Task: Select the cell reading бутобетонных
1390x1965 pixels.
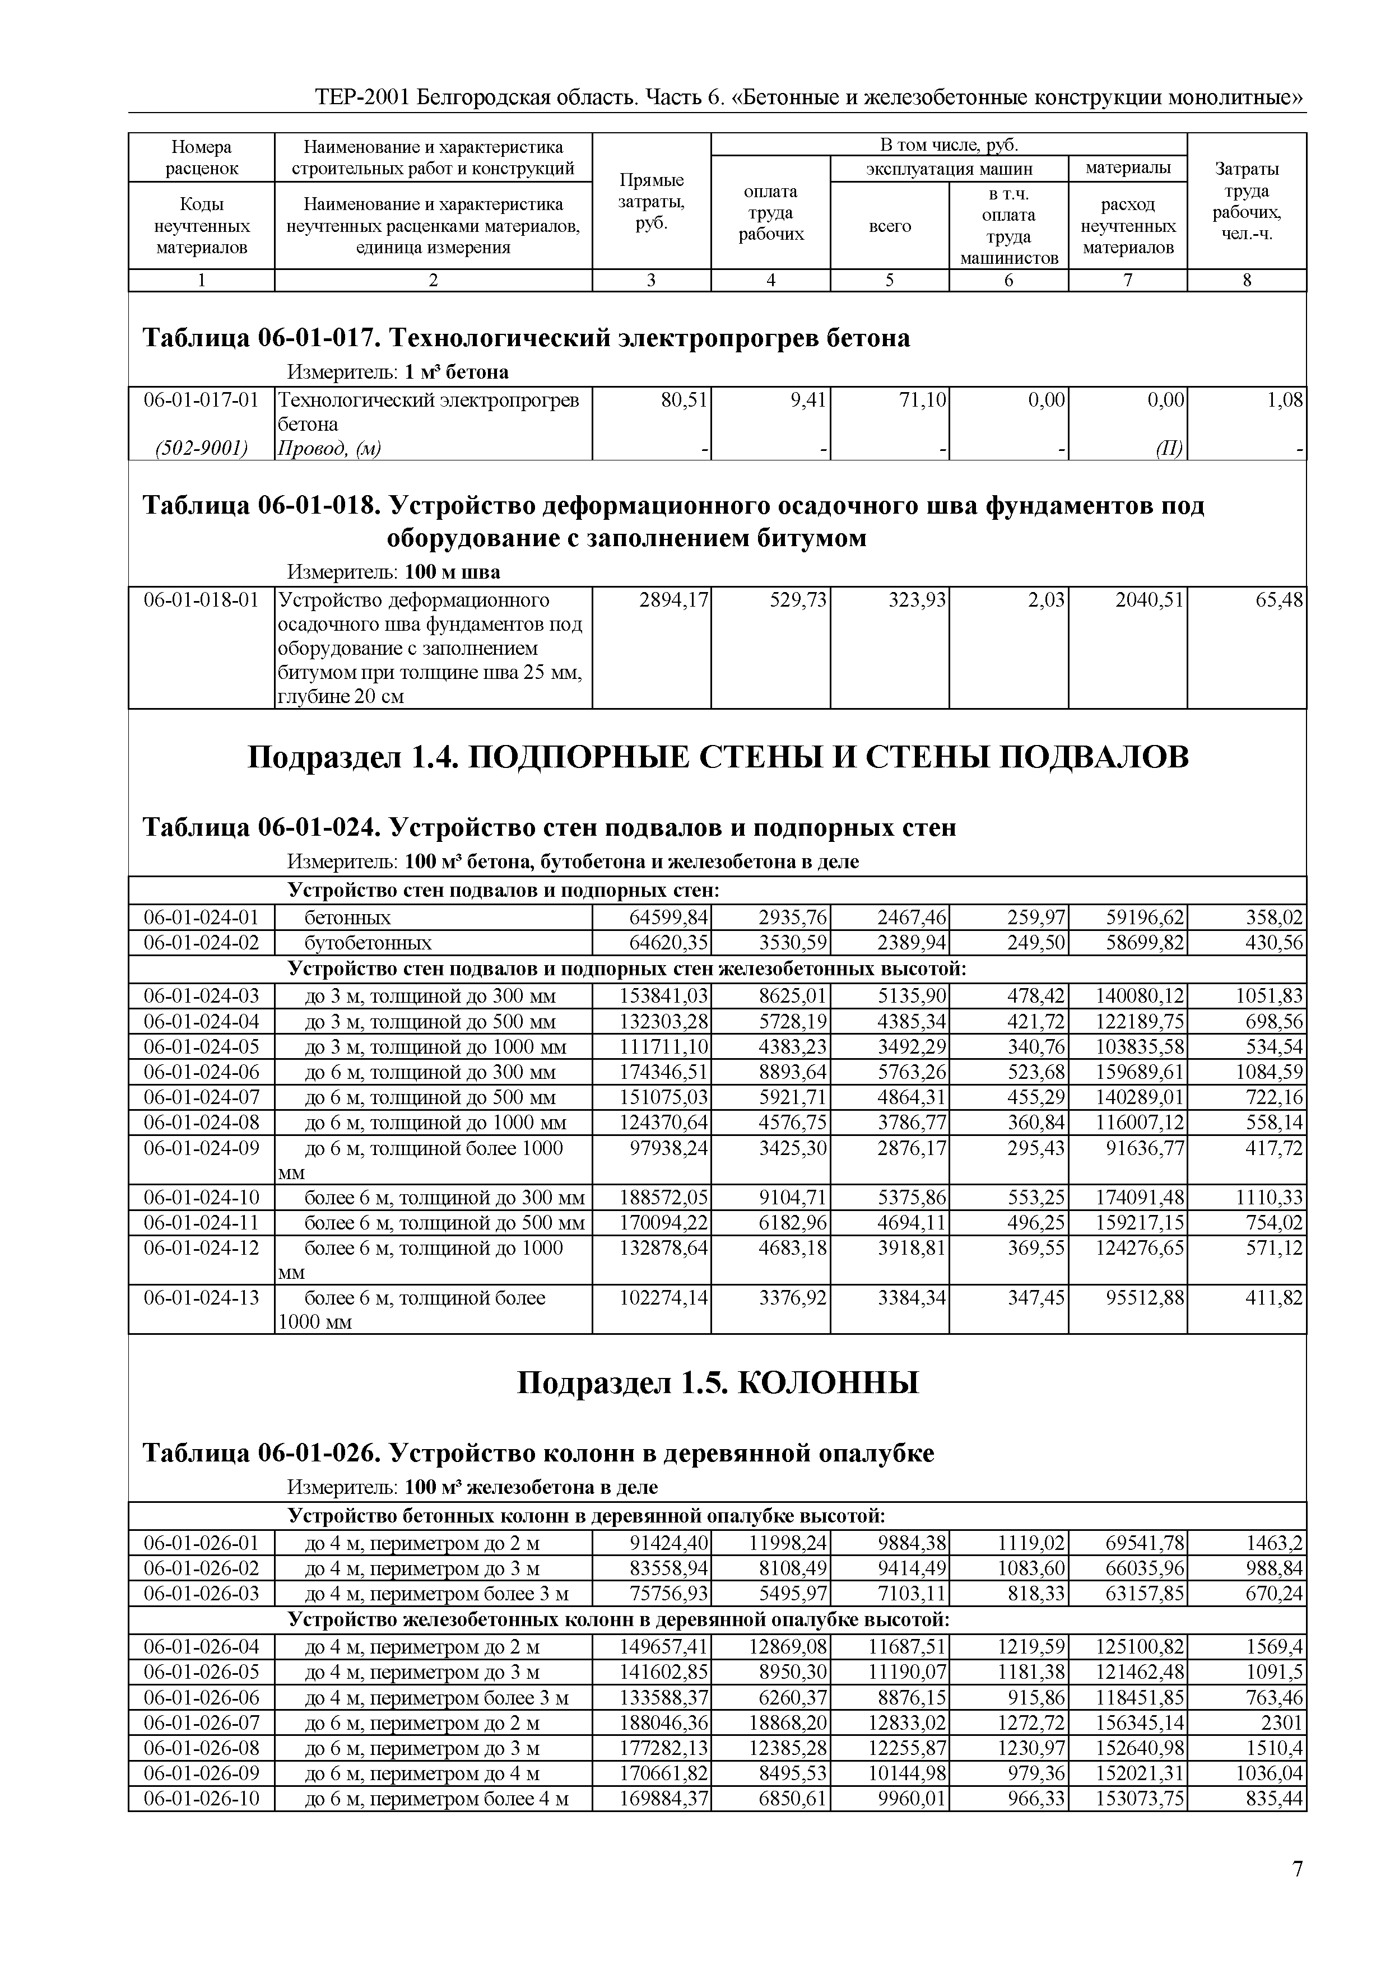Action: tap(368, 943)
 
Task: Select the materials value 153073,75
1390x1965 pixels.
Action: tap(1139, 1799)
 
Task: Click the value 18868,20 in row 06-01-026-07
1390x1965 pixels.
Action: tap(793, 1723)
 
